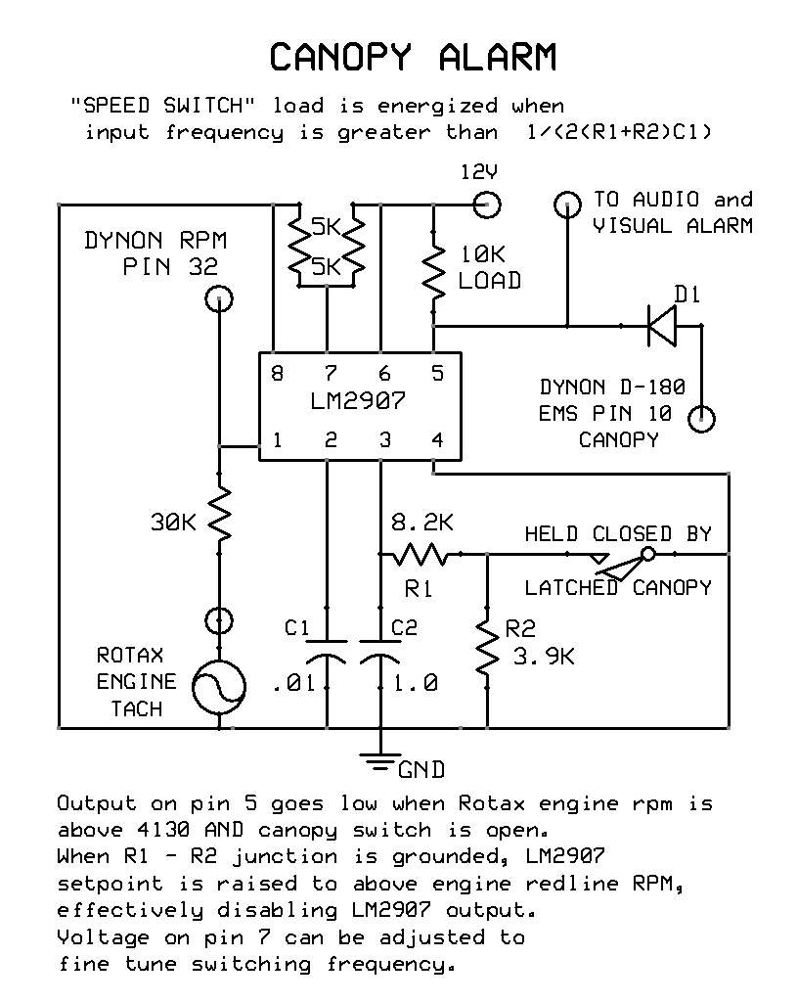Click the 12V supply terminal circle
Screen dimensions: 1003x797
[486, 205]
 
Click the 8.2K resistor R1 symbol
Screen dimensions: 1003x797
[420, 555]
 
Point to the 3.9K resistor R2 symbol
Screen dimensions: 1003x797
[486, 646]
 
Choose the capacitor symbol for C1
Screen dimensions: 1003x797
[326, 653]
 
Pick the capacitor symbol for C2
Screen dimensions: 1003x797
[379, 653]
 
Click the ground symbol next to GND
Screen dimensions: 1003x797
[379, 755]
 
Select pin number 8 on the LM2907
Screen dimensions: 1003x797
[278, 373]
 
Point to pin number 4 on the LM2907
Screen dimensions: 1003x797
[436, 440]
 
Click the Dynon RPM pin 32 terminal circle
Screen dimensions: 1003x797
[219, 298]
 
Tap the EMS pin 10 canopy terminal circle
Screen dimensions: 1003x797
[701, 420]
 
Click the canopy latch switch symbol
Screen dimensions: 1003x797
[626, 562]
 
